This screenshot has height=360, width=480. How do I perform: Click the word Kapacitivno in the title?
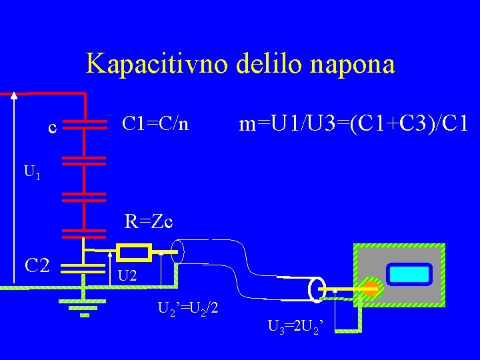point(157,65)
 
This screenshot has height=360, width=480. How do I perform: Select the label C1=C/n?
point(155,123)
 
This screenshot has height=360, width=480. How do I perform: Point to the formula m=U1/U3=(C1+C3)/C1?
point(355,123)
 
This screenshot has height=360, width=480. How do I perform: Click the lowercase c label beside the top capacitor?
point(52,126)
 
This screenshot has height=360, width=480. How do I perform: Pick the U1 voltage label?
point(32,173)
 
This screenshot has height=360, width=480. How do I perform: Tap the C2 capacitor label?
point(37,266)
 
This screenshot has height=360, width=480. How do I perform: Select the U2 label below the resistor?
point(127,275)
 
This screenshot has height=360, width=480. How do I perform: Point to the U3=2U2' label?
point(296,327)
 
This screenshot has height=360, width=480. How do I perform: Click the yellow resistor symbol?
point(133,252)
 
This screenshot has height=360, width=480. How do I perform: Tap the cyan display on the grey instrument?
point(409,274)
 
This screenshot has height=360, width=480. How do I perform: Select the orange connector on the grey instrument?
point(371,289)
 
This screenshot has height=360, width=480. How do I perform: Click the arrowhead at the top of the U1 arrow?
point(14,95)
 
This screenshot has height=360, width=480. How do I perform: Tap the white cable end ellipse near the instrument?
point(315,289)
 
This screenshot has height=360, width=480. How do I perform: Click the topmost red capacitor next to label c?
point(85,124)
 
